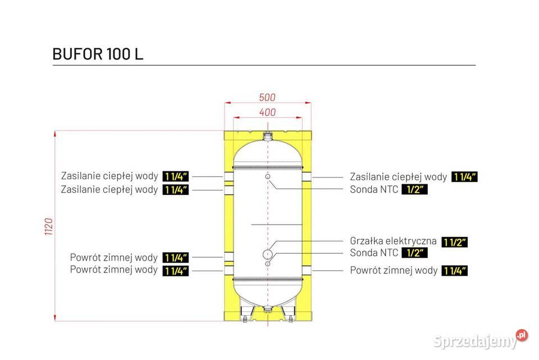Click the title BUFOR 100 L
[x=97, y=54]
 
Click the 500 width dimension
[x=267, y=97]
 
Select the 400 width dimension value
[x=267, y=112]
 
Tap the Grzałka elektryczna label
[x=393, y=241]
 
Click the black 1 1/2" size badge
[x=454, y=242]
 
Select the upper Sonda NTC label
[x=374, y=189]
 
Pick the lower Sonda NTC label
[x=374, y=253]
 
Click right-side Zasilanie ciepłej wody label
[x=398, y=177]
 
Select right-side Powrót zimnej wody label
[x=394, y=270]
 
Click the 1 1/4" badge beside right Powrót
[x=454, y=271]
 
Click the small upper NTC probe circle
[x=268, y=177]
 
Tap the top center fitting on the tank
[x=268, y=136]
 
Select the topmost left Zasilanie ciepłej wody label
[x=109, y=176]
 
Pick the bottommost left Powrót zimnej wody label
[x=114, y=270]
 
